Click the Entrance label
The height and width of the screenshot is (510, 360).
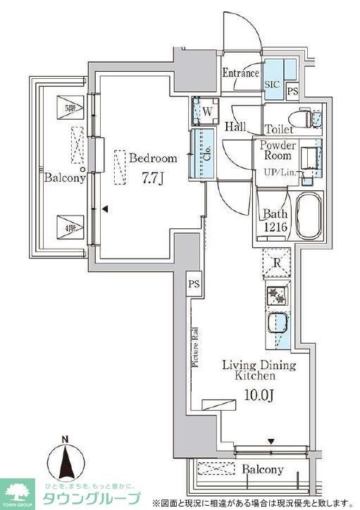241,73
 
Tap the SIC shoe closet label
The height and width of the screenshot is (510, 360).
272,85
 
